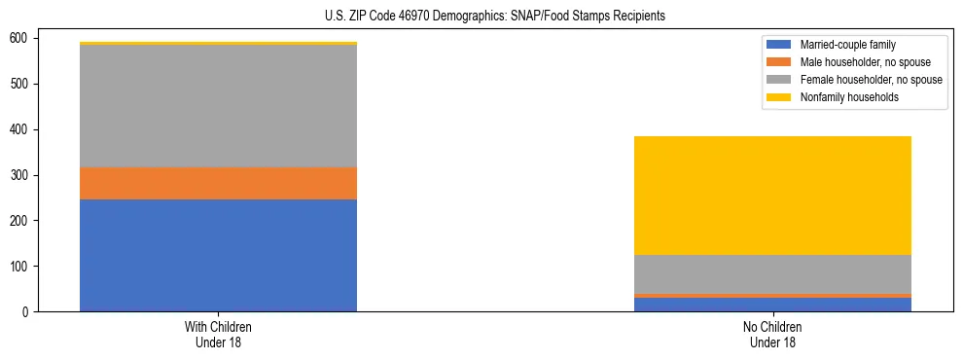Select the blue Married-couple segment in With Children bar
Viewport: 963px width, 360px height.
[218, 255]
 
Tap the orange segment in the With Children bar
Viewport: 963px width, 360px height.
[218, 183]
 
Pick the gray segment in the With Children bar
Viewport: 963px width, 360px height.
[218, 106]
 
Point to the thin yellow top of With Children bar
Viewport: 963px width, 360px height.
[218, 43]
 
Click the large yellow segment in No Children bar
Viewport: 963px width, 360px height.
[772, 196]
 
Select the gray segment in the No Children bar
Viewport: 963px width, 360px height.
[772, 273]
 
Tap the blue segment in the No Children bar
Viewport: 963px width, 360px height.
[772, 305]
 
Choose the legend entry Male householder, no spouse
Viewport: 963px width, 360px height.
[856, 62]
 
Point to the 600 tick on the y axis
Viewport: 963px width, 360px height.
[21, 38]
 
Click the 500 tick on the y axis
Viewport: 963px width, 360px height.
[21, 84]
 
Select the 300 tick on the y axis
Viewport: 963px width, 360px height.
[21, 175]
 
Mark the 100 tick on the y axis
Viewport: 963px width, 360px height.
[21, 267]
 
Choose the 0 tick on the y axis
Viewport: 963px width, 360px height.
[27, 312]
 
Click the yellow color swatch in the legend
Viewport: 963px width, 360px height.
[779, 97]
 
